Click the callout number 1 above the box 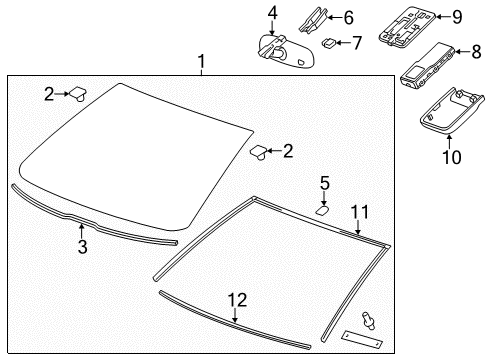[x=201, y=63]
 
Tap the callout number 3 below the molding [x=82, y=246]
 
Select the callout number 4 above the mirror [x=272, y=12]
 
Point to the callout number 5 [x=324, y=182]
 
